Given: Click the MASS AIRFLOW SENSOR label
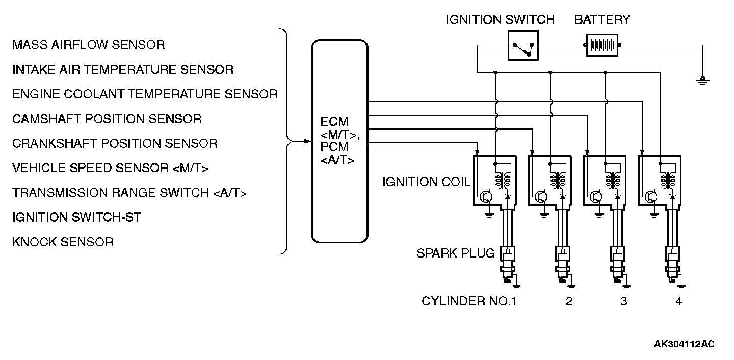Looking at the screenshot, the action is pos(89,45).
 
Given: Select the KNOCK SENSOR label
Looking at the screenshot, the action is pos(63,242).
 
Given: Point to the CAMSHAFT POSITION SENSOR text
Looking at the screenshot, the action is pos(107,119).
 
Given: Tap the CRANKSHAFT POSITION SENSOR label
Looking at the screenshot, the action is pos(115,144).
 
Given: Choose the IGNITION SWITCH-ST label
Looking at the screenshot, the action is pos(76,217).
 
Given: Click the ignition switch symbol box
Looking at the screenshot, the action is pos(523,45).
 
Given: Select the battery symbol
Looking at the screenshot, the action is pos(602,45).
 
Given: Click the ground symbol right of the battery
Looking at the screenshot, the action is pos(702,81).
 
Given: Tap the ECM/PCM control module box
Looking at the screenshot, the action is pos(340,141).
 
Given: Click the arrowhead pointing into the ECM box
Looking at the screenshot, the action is pos(307,141).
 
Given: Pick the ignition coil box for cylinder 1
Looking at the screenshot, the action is pos(495,181).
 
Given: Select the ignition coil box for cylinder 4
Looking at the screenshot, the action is pos(660,181).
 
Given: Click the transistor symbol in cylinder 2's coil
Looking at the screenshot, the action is pos(540,197).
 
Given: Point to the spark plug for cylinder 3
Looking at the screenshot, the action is pos(618,266).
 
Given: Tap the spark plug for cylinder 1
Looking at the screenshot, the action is pos(508,266).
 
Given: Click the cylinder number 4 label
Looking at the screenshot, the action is pos(678,301).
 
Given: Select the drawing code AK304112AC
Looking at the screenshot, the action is pos(684,344).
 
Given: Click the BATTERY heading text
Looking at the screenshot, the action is pos(602,20).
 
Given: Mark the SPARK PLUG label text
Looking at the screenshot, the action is pos(456,253).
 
